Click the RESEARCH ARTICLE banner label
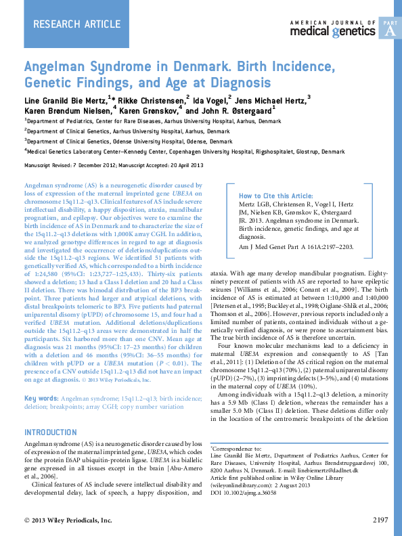[65, 25]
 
